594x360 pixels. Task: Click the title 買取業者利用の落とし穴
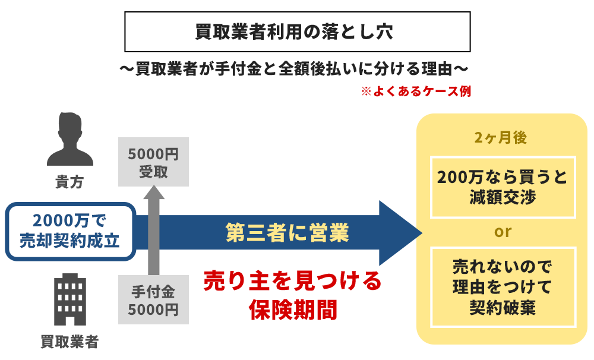294,32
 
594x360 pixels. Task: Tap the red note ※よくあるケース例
416,92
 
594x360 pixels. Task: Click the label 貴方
69,182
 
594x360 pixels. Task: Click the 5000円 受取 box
154,163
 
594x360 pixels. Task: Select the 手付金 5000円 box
154,301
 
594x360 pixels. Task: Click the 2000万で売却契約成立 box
71,232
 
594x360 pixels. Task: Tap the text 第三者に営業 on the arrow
287,233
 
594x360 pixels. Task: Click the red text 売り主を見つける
292,280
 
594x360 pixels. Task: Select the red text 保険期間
293,310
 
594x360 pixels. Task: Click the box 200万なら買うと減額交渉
503,187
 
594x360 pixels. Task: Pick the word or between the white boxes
503,232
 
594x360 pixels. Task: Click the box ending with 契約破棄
503,287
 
